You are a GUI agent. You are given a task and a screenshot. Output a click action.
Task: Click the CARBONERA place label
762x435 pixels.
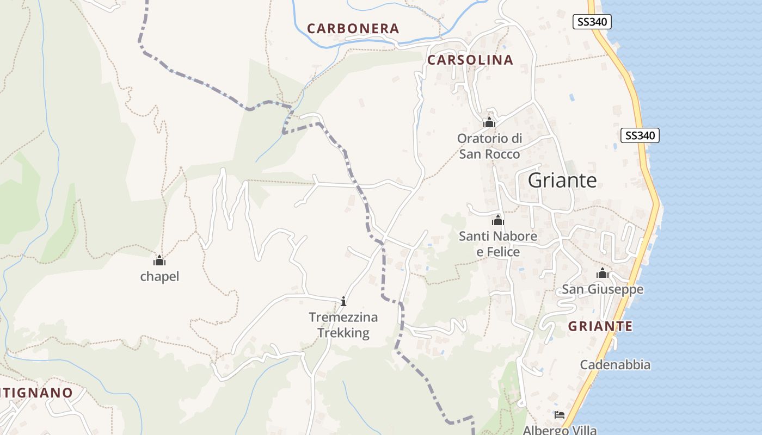click(353, 29)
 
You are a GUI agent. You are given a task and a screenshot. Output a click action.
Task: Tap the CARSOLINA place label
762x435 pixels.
click(470, 60)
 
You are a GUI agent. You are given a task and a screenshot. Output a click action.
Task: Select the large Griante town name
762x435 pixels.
click(562, 181)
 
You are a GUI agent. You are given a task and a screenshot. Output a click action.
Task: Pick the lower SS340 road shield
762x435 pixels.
click(640, 135)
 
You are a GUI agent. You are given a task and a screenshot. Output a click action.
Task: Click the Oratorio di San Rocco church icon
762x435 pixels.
click(489, 122)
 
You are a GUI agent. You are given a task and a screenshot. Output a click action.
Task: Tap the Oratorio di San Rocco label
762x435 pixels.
click(489, 146)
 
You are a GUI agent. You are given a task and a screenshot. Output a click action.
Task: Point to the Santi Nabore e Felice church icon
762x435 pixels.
click(497, 220)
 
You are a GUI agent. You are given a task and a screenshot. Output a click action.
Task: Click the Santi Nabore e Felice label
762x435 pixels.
click(498, 244)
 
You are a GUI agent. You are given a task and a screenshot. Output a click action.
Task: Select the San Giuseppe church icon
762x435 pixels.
click(603, 273)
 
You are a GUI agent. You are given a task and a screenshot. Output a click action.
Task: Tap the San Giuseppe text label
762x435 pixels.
click(603, 289)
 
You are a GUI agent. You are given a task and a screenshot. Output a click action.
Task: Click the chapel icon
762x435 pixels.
click(159, 260)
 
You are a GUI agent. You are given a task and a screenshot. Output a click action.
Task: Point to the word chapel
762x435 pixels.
click(159, 277)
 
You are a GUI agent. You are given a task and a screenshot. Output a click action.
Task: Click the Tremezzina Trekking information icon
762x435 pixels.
click(343, 301)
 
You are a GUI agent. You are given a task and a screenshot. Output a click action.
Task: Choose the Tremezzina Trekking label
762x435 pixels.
click(343, 325)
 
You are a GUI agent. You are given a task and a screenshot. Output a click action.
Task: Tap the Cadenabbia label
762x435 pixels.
click(615, 365)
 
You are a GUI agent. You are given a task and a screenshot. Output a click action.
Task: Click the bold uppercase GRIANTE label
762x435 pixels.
click(600, 326)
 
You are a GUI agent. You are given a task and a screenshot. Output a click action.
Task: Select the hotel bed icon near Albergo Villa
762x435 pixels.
click(559, 415)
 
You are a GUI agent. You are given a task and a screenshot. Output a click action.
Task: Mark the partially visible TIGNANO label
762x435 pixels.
click(36, 393)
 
